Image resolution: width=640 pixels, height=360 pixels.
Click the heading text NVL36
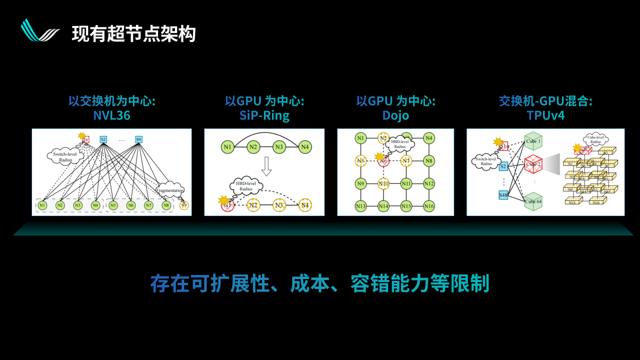(x=111, y=116)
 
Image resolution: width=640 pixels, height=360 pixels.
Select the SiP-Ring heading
(x=264, y=116)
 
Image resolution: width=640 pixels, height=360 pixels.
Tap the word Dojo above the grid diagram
(x=395, y=116)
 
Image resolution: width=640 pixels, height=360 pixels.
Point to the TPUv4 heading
(x=545, y=116)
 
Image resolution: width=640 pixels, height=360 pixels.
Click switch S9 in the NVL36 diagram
(x=138, y=139)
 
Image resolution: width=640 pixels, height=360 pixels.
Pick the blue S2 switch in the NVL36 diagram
(x=103, y=139)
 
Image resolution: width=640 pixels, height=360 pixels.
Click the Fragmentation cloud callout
(x=169, y=190)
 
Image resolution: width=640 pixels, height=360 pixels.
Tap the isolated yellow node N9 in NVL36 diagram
(x=184, y=205)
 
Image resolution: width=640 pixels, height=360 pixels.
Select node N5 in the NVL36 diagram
(x=113, y=205)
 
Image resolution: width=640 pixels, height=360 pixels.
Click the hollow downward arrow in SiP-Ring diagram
(x=266, y=166)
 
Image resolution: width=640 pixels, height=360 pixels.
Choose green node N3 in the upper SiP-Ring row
(x=279, y=147)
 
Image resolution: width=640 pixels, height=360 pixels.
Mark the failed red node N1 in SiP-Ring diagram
(x=227, y=204)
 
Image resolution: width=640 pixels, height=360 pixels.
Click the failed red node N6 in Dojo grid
(x=383, y=161)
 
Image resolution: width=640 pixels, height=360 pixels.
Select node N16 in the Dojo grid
(x=428, y=206)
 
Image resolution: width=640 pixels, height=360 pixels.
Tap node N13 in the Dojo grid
(x=360, y=206)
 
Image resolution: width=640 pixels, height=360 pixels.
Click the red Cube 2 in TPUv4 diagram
(x=533, y=163)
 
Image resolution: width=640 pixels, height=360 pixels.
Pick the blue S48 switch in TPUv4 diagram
(x=503, y=195)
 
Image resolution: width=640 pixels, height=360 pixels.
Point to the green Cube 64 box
(x=533, y=201)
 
